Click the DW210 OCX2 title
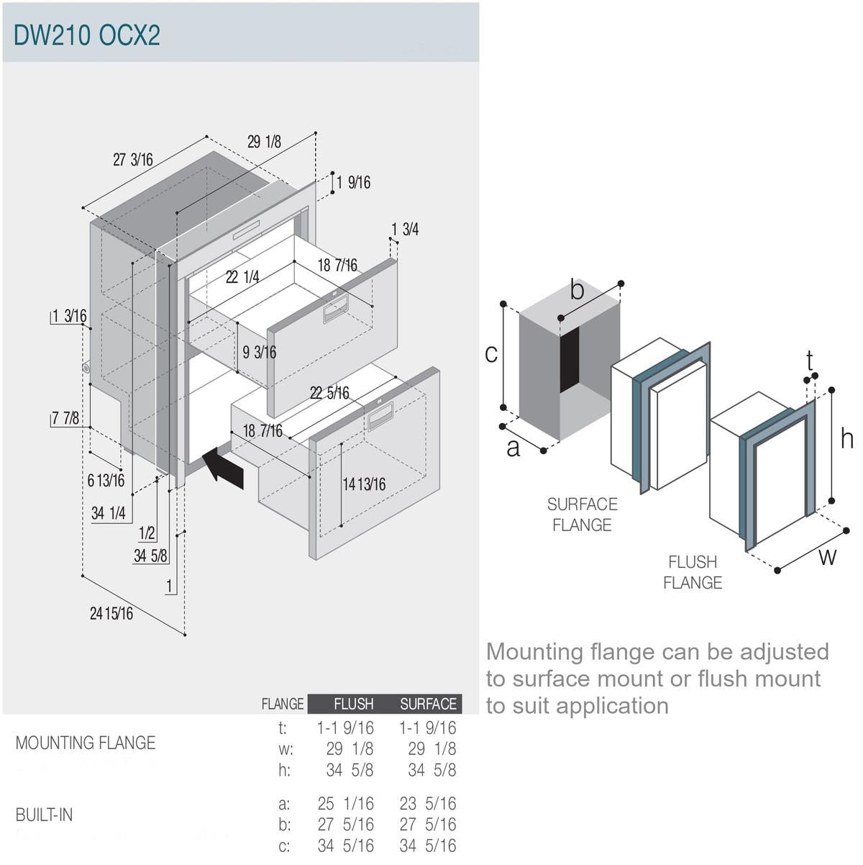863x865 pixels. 87,35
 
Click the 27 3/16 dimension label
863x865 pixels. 133,160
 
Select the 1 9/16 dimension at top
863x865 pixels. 353,182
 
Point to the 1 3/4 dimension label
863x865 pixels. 405,230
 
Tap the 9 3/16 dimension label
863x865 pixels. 259,352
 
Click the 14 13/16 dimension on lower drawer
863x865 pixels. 364,484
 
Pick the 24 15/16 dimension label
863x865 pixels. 111,614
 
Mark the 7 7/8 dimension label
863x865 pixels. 65,418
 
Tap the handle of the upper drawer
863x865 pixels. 335,309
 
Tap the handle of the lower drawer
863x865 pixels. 380,415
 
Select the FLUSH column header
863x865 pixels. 353,704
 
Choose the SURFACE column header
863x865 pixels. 428,704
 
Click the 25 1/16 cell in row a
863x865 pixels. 345,803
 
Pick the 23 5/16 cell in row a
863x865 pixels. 428,803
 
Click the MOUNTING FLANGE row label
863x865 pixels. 86,743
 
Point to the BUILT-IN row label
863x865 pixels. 44,815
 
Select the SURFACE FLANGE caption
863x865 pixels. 582,515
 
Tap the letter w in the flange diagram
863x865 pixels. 828,556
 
